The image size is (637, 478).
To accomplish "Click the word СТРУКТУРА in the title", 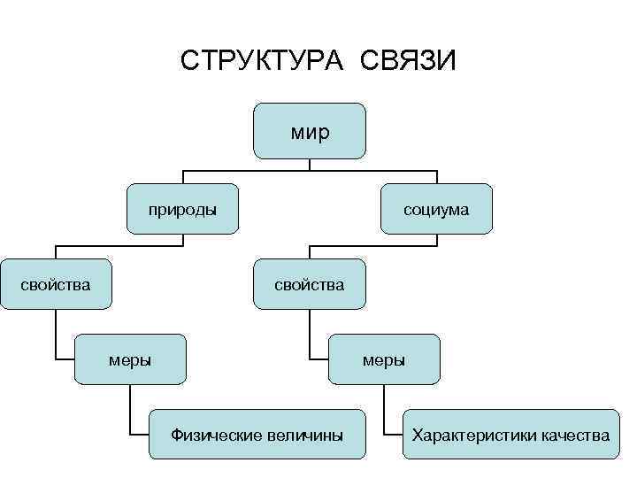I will (263, 62).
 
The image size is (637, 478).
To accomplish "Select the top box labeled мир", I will (309, 130).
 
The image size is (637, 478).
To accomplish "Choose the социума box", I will (436, 209).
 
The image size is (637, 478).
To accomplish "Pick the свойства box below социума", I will (309, 284).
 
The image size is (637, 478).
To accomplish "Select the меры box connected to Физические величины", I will (129, 359).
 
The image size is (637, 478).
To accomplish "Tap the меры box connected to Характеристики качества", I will (384, 359).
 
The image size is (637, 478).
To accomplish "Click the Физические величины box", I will (257, 435).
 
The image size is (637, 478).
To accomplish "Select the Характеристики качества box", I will (510, 435).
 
